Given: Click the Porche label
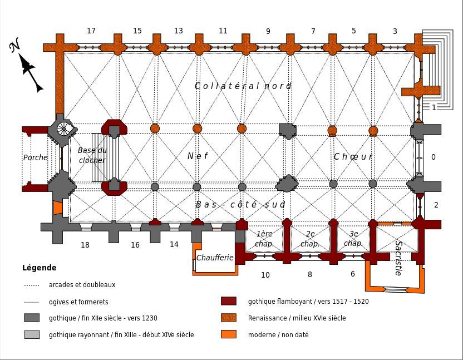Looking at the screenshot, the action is [x=36, y=158].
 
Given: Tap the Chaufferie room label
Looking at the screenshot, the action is [x=215, y=258].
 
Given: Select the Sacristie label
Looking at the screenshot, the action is [x=398, y=258].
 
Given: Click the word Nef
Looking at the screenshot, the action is [x=198, y=156].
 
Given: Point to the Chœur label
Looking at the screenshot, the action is [x=353, y=157].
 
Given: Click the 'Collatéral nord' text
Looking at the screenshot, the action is [x=243, y=86].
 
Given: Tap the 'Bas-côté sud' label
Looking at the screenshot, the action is [x=240, y=205].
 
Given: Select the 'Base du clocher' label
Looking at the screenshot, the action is [x=92, y=155].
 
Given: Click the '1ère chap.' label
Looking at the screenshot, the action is [x=264, y=239].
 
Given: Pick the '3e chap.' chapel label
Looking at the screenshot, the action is [x=353, y=239].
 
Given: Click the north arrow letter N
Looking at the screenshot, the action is [x=15, y=46].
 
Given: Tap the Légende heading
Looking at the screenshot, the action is [x=40, y=268].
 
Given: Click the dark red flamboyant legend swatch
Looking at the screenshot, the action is [x=229, y=301].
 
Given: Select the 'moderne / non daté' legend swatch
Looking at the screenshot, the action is [x=229, y=334].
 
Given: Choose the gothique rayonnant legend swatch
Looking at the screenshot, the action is [x=32, y=334].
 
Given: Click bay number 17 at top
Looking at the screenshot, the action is [x=91, y=31].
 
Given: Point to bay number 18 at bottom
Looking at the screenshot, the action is [x=85, y=245].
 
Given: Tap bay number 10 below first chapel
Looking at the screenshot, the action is [x=265, y=275].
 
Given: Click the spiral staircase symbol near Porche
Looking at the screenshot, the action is [x=63, y=129].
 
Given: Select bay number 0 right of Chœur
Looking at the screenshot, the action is [x=434, y=157].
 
